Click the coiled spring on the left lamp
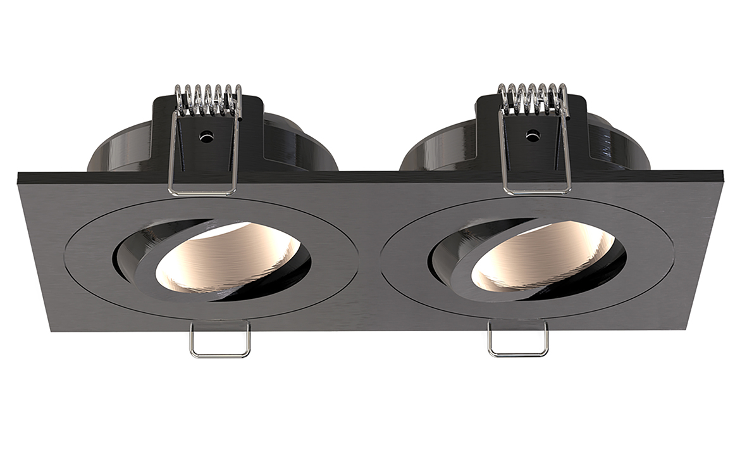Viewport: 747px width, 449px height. (x=207, y=99)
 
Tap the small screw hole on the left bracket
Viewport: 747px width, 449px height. (x=206, y=136)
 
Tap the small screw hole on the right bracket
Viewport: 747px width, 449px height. (x=533, y=135)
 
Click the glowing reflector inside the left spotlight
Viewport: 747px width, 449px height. (x=221, y=260)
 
